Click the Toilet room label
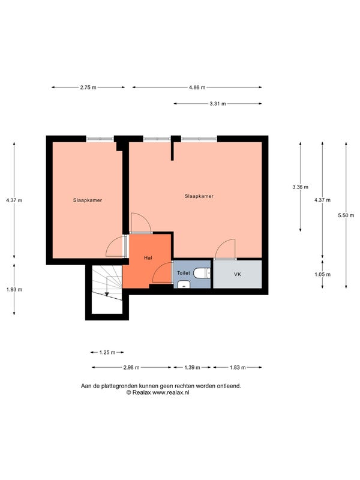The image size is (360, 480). [x=184, y=273]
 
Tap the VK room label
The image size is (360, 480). [x=238, y=274]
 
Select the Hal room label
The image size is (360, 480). [x=148, y=258]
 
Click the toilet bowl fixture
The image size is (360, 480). [x=202, y=273]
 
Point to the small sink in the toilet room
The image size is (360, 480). [x=184, y=284]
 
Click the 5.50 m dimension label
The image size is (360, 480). [x=346, y=215]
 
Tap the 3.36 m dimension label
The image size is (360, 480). [x=301, y=187]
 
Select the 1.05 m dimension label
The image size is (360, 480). [x=323, y=274]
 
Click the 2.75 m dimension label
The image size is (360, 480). [x=88, y=87]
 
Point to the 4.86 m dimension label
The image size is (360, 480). [x=197, y=87]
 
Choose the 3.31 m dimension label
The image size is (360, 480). [x=218, y=104]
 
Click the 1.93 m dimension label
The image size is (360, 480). [x=14, y=289]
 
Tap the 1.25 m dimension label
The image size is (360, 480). [x=107, y=352]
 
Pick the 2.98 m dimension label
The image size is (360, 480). [x=131, y=367]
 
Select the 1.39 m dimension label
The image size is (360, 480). [x=192, y=367]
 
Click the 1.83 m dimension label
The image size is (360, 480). [x=238, y=367]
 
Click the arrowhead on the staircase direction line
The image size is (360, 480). [x=107, y=294]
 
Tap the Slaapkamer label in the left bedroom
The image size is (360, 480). [x=88, y=200]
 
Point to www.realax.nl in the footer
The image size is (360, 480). [x=171, y=392]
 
